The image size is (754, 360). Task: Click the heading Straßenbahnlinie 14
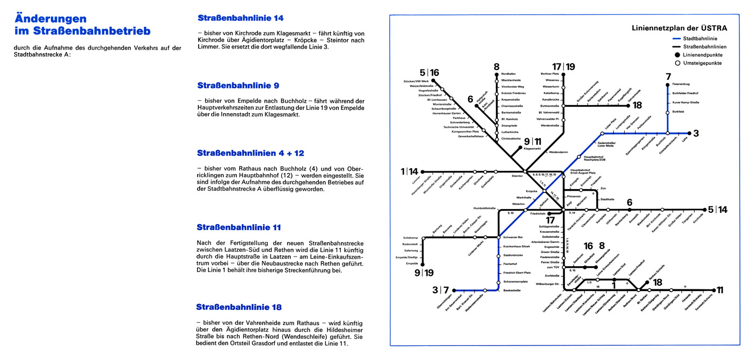[240, 18]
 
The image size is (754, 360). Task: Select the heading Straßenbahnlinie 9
[238, 86]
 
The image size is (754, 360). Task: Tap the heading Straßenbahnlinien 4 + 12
[250, 154]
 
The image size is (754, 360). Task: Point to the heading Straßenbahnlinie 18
[239, 308]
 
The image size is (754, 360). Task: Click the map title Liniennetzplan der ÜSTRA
[679, 28]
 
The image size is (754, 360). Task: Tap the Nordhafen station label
[508, 73]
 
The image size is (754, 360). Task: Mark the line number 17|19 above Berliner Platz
[564, 67]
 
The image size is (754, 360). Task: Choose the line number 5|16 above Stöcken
[429, 73]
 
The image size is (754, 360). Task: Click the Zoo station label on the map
[603, 188]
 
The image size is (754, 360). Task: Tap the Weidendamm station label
[558, 153]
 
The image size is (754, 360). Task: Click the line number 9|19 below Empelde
[423, 273]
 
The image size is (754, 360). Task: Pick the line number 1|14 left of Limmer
[409, 171]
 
